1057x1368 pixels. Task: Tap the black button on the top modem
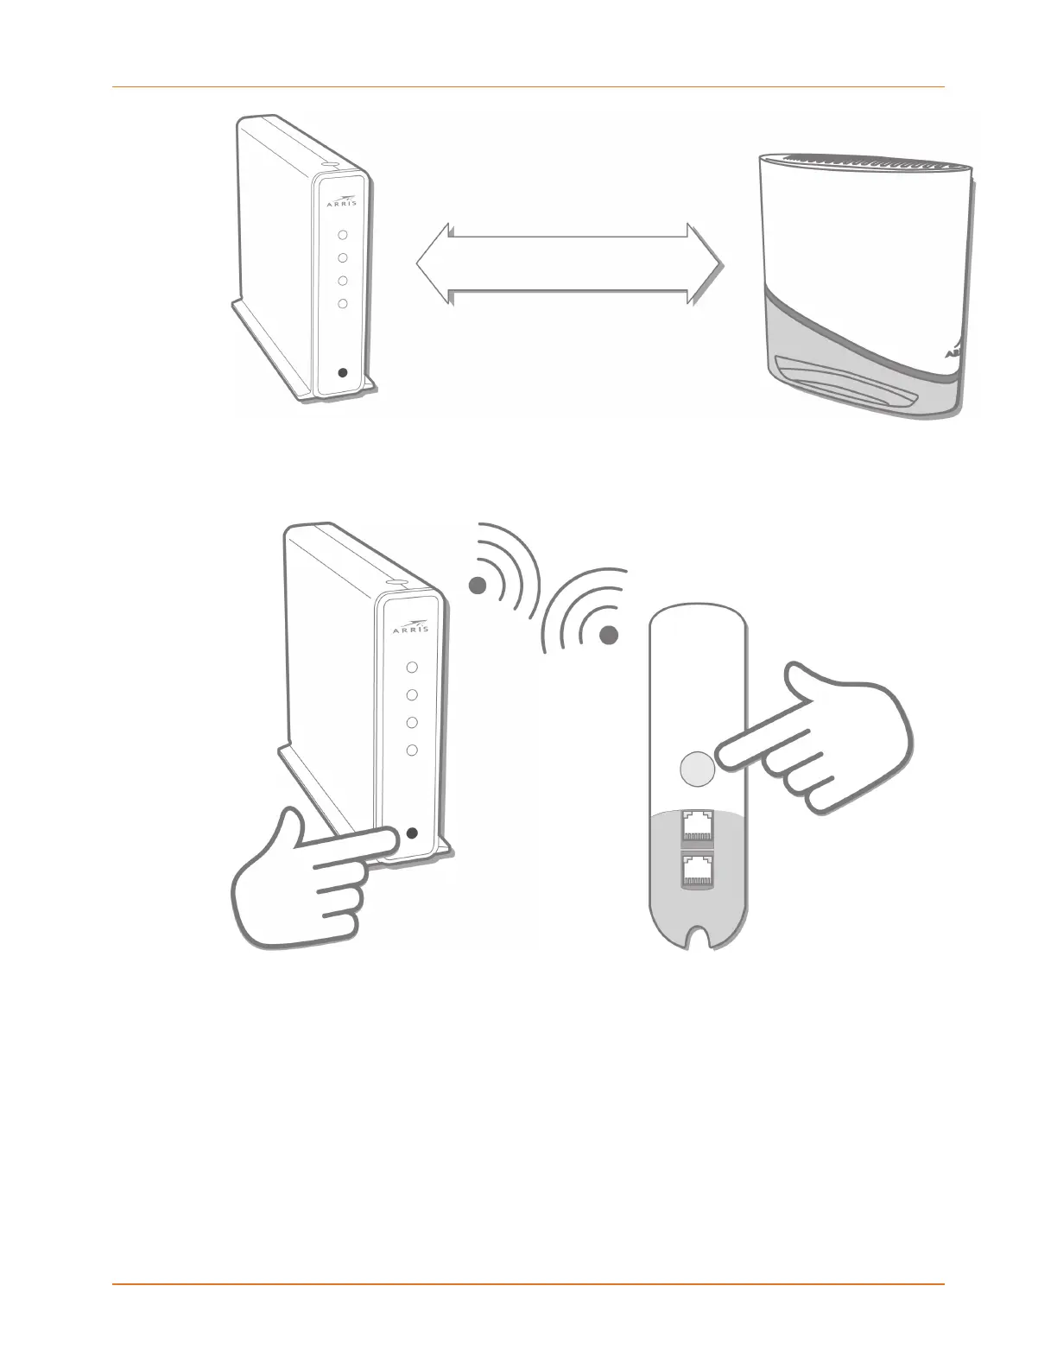click(x=343, y=373)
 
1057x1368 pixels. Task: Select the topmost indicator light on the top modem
click(x=343, y=234)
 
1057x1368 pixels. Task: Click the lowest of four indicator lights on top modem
click(x=343, y=303)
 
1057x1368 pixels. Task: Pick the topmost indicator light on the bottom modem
click(x=412, y=668)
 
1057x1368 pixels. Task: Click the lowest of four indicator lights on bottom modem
click(x=412, y=750)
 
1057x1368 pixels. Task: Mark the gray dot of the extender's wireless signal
click(x=609, y=636)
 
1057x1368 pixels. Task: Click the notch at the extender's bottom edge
click(x=699, y=939)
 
